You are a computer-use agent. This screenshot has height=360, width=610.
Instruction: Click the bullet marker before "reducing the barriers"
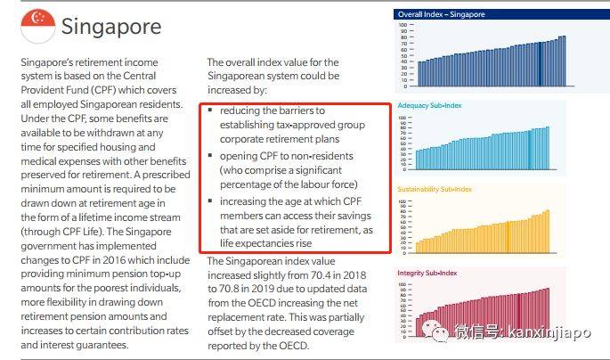211,110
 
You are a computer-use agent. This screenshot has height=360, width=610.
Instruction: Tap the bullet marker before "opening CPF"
211,157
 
